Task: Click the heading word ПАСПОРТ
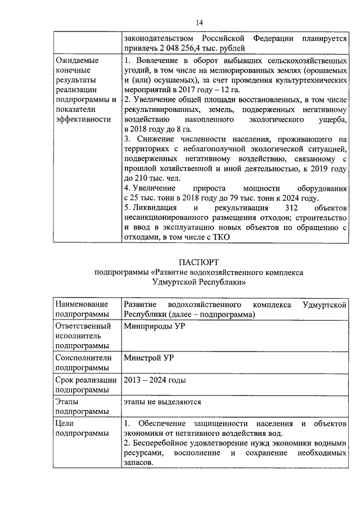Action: pos(199,262)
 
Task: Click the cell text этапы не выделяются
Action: pos(162,402)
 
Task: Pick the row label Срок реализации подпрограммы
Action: pos(86,385)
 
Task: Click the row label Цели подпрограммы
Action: pos(80,427)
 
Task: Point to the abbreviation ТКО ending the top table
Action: pos(220,237)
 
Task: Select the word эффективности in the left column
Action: pos(83,119)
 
